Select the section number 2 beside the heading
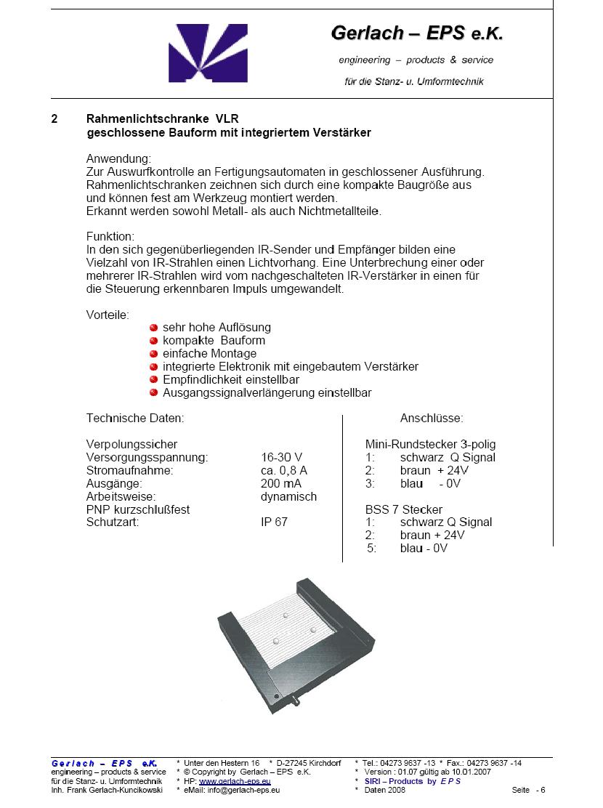pyautogui.click(x=54, y=118)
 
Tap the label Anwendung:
pyautogui.click(x=118, y=158)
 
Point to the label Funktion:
pyautogui.click(x=110, y=237)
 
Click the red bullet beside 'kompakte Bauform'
pyautogui.click(x=154, y=341)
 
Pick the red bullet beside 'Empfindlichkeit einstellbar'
pyautogui.click(x=154, y=380)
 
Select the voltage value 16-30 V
pyautogui.click(x=281, y=457)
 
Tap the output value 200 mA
pyautogui.click(x=281, y=483)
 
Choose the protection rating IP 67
pyautogui.click(x=274, y=522)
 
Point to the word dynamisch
pyautogui.click(x=288, y=496)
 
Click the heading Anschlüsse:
pyautogui.click(x=432, y=419)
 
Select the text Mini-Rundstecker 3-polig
pyautogui.click(x=430, y=444)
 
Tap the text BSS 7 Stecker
pyautogui.click(x=403, y=509)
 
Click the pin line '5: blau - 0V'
pyautogui.click(x=407, y=549)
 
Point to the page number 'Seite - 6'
pyautogui.click(x=528, y=790)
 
